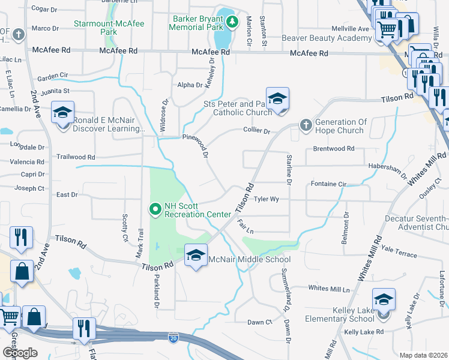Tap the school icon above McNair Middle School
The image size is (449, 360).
pyautogui.click(x=196, y=255)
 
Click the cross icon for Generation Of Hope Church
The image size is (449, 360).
pyautogui.click(x=306, y=125)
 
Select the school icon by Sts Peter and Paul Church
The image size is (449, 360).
pyautogui.click(x=277, y=98)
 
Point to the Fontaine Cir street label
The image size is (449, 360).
pyautogui.click(x=329, y=184)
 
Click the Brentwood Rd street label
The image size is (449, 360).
pyautogui.click(x=334, y=148)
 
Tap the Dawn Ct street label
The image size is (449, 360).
pyautogui.click(x=260, y=322)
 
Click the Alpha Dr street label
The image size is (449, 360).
pyautogui.click(x=190, y=85)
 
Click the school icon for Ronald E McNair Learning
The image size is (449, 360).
pyautogui.click(x=62, y=113)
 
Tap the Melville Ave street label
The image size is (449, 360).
pyautogui.click(x=351, y=29)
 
